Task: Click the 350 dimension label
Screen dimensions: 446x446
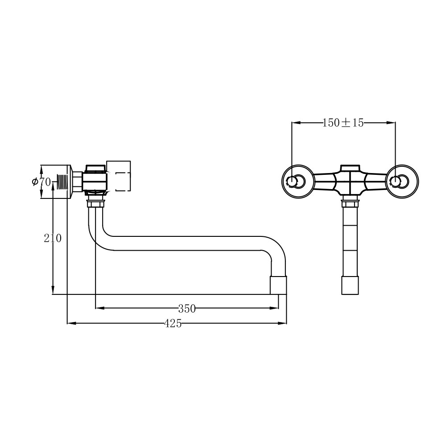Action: [x=187, y=308]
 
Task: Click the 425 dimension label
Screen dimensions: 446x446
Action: [x=173, y=323]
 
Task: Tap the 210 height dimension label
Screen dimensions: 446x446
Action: [x=53, y=238]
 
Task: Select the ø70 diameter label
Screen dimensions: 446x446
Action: [x=41, y=182]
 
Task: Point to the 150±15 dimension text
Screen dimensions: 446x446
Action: [x=343, y=123]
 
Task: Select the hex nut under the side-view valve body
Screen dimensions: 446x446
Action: [x=95, y=204]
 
